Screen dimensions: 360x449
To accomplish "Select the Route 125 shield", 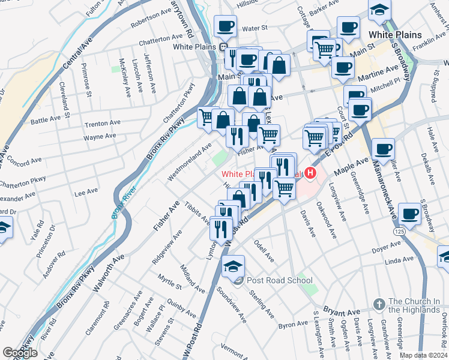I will click(x=399, y=230).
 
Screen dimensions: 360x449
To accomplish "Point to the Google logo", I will click(x=20, y=352).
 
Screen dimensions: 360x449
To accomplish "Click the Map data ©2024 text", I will click(x=424, y=355).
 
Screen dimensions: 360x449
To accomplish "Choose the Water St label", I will click(x=255, y=28).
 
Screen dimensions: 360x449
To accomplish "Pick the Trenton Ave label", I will click(x=100, y=124).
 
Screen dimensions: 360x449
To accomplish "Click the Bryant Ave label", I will click(x=341, y=313).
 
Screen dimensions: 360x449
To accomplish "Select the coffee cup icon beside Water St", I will click(x=226, y=26).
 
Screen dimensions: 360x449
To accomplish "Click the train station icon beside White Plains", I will click(x=223, y=47).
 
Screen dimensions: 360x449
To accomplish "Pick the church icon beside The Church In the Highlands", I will click(x=378, y=305).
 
